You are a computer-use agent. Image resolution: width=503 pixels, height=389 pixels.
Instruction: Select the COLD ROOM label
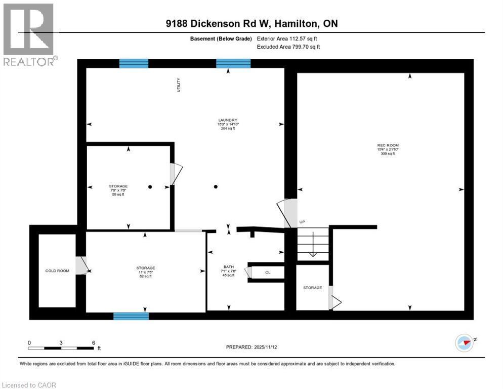[x=57, y=270]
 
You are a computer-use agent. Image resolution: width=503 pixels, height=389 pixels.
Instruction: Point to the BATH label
[x=229, y=267]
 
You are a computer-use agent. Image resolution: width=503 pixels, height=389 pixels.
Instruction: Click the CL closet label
[x=268, y=273]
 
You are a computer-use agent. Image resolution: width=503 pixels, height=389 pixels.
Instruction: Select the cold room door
[x=81, y=265]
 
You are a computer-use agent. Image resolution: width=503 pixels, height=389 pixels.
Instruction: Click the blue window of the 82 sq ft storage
[x=131, y=316]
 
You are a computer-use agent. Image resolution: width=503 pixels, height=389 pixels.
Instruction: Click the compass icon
[x=464, y=343]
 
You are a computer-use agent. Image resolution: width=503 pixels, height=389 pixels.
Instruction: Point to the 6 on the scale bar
[x=94, y=342]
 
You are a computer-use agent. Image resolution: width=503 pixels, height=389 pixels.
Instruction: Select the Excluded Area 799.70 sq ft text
[x=288, y=47]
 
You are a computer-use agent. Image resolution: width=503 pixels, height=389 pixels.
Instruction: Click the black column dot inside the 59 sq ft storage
[x=150, y=187]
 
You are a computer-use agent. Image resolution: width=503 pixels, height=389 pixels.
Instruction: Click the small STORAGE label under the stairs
[x=312, y=288]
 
